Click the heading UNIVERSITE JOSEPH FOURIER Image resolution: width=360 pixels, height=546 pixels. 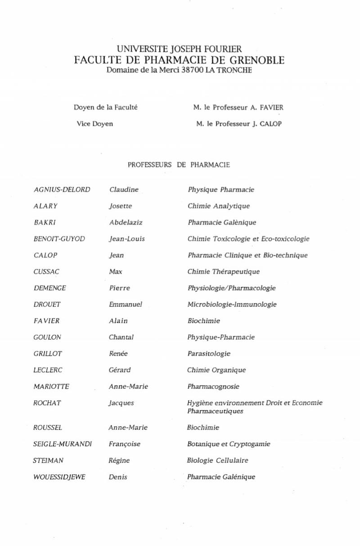(179, 49)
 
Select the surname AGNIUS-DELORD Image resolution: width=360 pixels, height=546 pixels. (62, 190)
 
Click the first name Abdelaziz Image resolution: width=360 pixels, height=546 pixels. (126, 222)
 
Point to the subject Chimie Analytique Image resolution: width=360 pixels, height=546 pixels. (218, 206)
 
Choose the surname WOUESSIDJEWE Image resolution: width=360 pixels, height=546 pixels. (59, 477)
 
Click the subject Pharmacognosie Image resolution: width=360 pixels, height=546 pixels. (213, 386)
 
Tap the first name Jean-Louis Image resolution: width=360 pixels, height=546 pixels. (127, 239)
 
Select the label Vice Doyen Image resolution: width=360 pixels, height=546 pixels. (94, 124)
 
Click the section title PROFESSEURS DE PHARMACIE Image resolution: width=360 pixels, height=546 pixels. (179, 165)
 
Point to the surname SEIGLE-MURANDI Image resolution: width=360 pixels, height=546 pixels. (63, 444)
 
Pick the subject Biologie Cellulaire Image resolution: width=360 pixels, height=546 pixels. (217, 460)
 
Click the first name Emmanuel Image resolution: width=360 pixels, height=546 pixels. (126, 304)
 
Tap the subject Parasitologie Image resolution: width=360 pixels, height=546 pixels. (209, 353)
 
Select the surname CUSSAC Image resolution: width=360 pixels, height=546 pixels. (46, 271)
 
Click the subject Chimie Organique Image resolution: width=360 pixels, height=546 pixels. (216, 370)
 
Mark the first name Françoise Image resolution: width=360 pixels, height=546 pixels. (125, 444)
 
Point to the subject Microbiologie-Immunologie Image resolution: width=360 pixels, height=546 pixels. (232, 304)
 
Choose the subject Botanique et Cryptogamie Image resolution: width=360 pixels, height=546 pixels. (229, 444)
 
